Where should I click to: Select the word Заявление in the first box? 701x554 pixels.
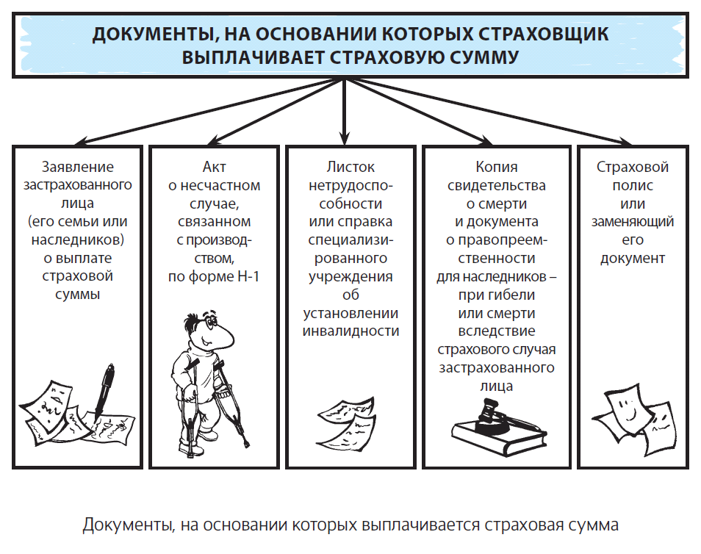[x=78, y=167]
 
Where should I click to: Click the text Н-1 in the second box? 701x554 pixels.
[x=248, y=276]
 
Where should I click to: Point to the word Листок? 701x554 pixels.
[x=350, y=167]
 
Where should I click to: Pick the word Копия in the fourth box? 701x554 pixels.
[x=496, y=167]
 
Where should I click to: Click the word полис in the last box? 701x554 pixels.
[x=633, y=185]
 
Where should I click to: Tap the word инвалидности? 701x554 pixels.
[x=350, y=331]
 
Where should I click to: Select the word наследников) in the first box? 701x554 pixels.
[x=78, y=240]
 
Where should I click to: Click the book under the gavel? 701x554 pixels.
[x=498, y=439]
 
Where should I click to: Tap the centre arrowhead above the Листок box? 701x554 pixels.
[x=344, y=139]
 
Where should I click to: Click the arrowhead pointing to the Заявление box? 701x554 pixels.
[x=82, y=143]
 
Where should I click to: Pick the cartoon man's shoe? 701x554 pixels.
[x=187, y=448]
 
